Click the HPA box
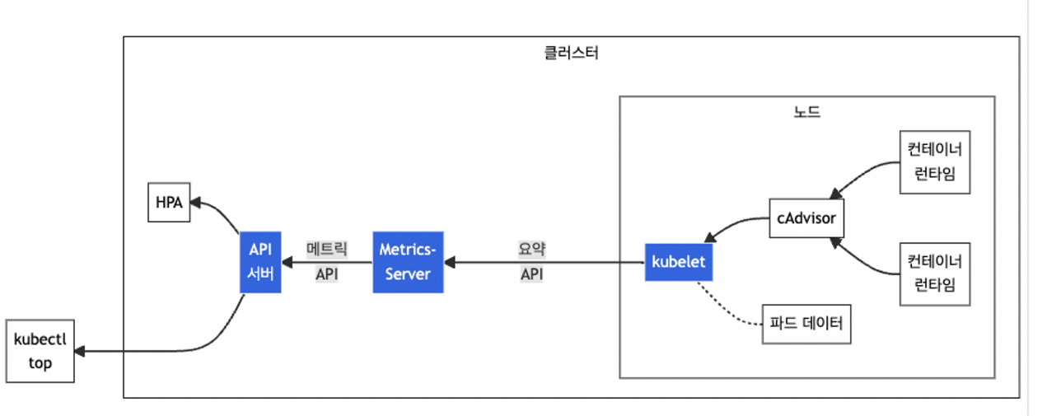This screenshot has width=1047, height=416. (x=169, y=201)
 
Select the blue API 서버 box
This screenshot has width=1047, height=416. (x=260, y=263)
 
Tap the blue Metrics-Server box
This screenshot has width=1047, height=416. (x=408, y=262)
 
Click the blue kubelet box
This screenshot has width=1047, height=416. (x=679, y=263)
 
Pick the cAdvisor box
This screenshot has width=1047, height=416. (x=806, y=218)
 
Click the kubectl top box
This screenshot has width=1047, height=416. (x=40, y=352)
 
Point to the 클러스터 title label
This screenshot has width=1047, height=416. (x=571, y=54)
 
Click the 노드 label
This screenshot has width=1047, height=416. (x=806, y=112)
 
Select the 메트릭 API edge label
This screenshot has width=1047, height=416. (x=327, y=262)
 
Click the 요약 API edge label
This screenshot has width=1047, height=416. (x=532, y=262)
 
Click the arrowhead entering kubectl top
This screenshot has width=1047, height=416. (x=80, y=352)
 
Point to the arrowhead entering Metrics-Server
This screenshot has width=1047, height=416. (x=449, y=263)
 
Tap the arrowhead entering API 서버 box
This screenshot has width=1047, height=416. (x=286, y=263)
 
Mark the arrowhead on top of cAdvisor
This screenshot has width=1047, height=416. (x=834, y=194)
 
